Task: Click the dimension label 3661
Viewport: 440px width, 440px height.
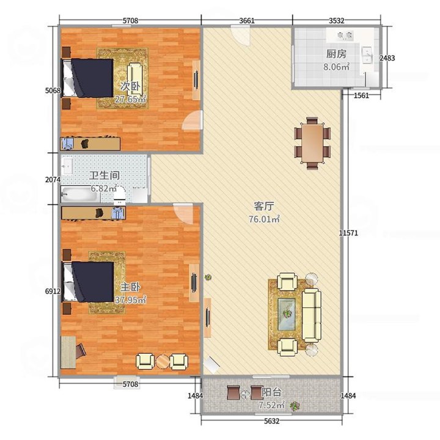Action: [x=247, y=21]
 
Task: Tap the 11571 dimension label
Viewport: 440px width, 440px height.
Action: [x=348, y=233]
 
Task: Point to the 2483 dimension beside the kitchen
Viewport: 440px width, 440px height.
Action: [x=387, y=58]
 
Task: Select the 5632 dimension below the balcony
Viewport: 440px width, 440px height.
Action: [x=271, y=421]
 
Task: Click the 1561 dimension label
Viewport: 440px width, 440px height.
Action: [x=361, y=96]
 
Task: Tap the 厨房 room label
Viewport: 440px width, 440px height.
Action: [x=336, y=54]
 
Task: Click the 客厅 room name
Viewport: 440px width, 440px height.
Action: [x=264, y=207]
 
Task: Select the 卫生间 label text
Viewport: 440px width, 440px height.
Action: [x=105, y=175]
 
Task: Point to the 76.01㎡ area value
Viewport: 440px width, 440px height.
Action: [x=264, y=219]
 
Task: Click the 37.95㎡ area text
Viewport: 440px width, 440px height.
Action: [x=131, y=299]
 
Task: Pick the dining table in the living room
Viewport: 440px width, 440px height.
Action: [x=312, y=143]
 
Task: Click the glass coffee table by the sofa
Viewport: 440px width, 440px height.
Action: [x=287, y=314]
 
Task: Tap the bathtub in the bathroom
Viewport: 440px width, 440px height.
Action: [x=81, y=194]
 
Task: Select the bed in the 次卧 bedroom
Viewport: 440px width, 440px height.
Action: [x=87, y=78]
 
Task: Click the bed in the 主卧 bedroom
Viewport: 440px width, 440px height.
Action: [x=88, y=282]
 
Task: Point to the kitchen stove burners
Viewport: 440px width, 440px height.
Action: [x=344, y=35]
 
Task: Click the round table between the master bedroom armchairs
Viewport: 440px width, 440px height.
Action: [x=162, y=362]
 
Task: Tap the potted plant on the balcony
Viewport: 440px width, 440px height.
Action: [x=295, y=406]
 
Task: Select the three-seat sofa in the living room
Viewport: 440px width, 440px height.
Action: [x=312, y=315]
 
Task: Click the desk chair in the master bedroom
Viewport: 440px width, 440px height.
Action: [x=81, y=351]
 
